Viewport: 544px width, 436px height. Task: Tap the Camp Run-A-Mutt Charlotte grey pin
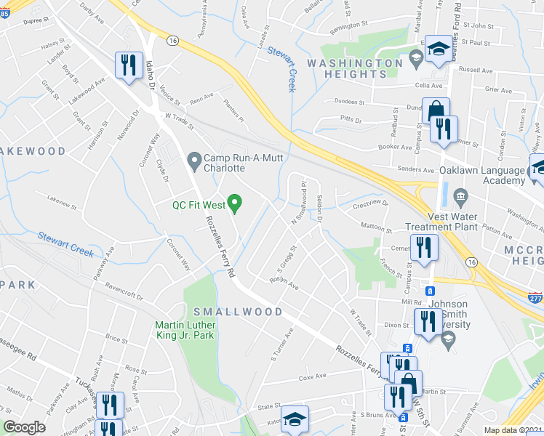click(193, 158)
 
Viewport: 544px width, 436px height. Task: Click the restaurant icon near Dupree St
click(128, 66)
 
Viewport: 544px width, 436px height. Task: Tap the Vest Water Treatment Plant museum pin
click(460, 196)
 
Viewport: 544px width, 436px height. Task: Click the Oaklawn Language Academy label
click(481, 175)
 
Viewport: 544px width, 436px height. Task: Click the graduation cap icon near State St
click(295, 420)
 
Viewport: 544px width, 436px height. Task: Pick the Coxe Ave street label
click(313, 378)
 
